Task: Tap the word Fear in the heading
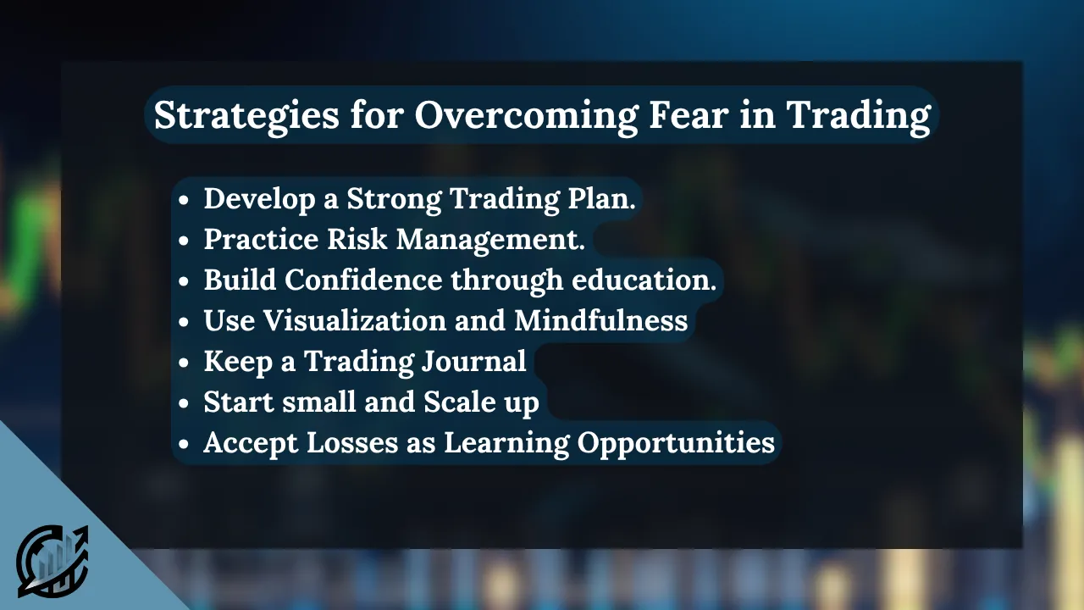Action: (689, 114)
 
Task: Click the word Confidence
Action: (363, 280)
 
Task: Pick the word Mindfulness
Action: (600, 320)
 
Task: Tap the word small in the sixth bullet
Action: (319, 402)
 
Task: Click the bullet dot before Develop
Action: (184, 199)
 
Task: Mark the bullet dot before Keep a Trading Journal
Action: (184, 362)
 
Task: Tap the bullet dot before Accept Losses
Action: (184, 443)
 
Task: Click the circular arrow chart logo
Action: (53, 561)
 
